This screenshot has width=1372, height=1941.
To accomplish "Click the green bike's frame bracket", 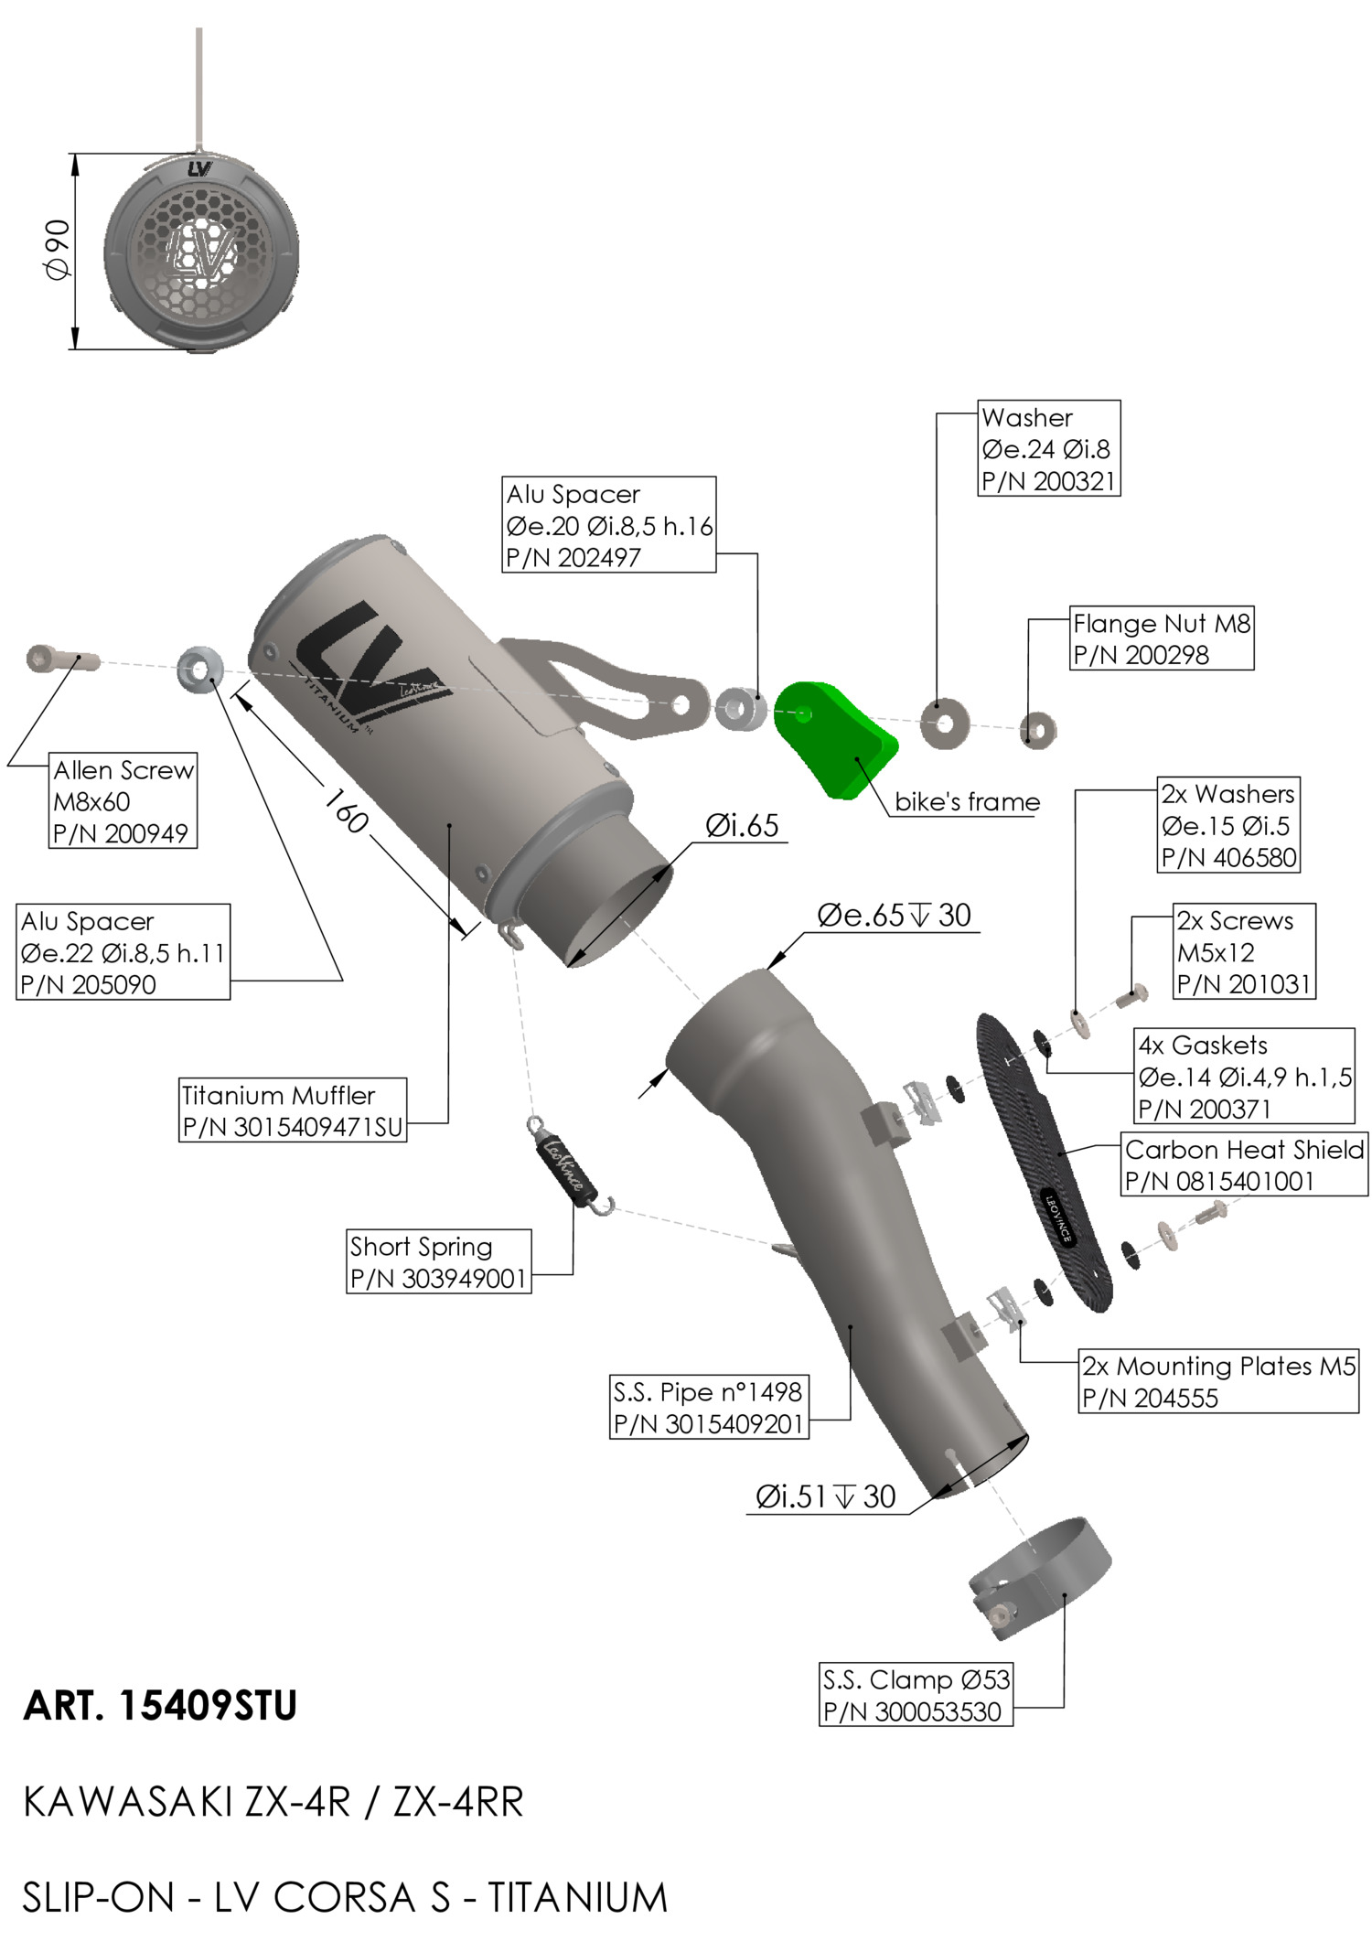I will coord(832,739).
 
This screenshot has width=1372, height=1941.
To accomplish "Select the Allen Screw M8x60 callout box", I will coord(123,801).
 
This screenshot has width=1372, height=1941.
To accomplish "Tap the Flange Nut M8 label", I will coord(1162,638).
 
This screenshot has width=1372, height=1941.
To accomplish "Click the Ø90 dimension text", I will coord(57,250).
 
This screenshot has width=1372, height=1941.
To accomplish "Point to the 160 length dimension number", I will coord(346,810).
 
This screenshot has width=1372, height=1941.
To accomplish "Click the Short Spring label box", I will coord(439,1261).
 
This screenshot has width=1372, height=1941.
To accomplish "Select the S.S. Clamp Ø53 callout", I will coord(916,1695).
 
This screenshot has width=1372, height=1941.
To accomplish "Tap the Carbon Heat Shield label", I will coord(1244,1164).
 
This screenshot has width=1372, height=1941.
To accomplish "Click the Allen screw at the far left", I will coord(60,659).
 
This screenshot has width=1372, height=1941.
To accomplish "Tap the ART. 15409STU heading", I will coord(161,1706).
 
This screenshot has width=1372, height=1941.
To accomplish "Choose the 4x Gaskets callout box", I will coord(1244,1077).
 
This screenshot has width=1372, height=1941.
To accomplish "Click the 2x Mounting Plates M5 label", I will coord(1218,1381).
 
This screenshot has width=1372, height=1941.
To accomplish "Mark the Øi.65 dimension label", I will coord(742,826).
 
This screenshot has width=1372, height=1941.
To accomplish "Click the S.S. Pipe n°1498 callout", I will coord(709,1408).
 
